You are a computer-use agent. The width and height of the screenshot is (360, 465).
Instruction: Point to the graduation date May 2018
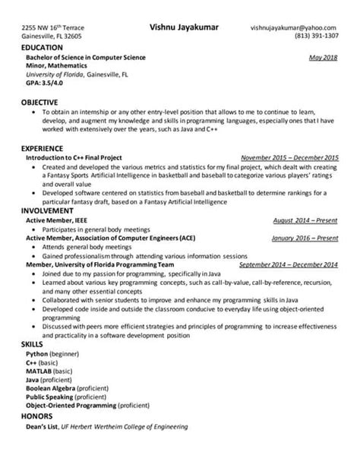coord(324,57)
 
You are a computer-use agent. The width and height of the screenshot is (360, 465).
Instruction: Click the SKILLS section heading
coord(32,344)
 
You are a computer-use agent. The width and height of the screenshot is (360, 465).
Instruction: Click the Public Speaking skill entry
coord(66,396)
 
